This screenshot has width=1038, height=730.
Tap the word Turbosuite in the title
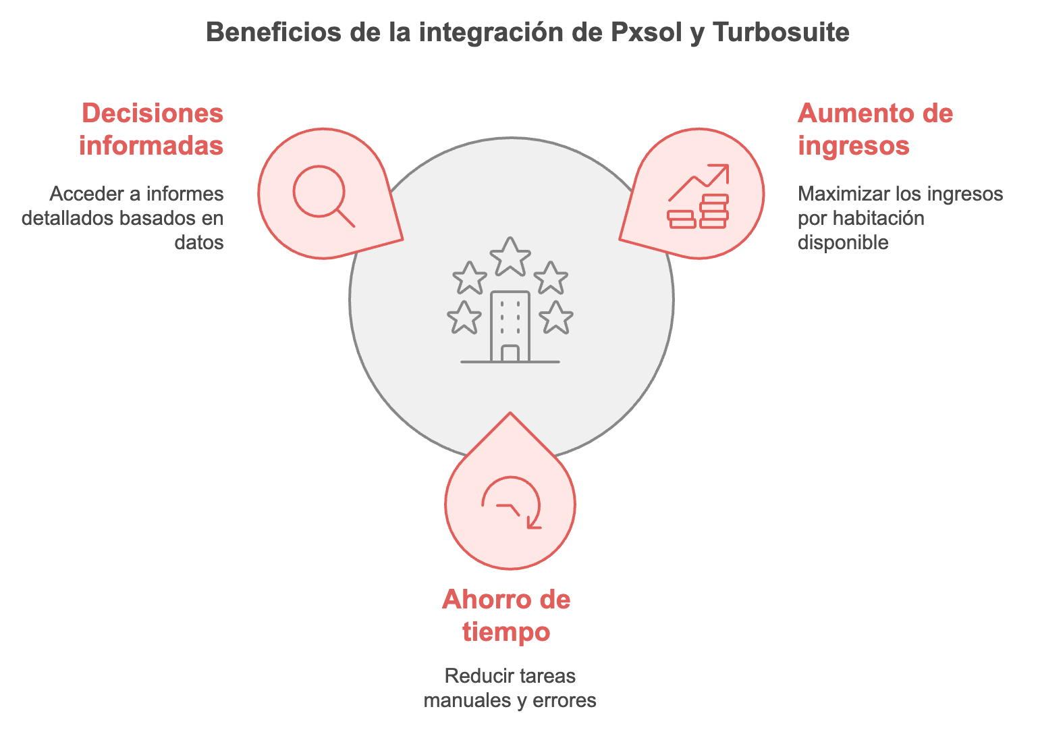pos(782,32)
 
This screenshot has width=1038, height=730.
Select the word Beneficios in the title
pos(273,32)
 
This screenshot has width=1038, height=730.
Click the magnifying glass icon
pos(324,197)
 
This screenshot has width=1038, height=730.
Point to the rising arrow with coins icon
pos(699,197)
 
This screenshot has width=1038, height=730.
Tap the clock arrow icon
pos(511,502)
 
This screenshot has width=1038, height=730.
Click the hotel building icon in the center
pos(510,326)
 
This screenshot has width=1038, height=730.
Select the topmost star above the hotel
pos(510,257)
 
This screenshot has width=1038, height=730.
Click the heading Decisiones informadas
pos(152,130)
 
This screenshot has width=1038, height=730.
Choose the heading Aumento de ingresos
pos(875,130)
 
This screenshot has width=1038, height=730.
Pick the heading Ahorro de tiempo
pos(506,615)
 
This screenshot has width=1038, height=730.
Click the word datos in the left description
pos(199,242)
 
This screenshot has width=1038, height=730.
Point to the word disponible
pos(843,242)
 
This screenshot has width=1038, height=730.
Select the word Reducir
pos(473,676)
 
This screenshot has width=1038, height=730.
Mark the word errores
pos(564,701)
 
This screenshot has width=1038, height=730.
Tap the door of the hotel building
pos(510,353)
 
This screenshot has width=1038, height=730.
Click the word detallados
pos(62,218)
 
